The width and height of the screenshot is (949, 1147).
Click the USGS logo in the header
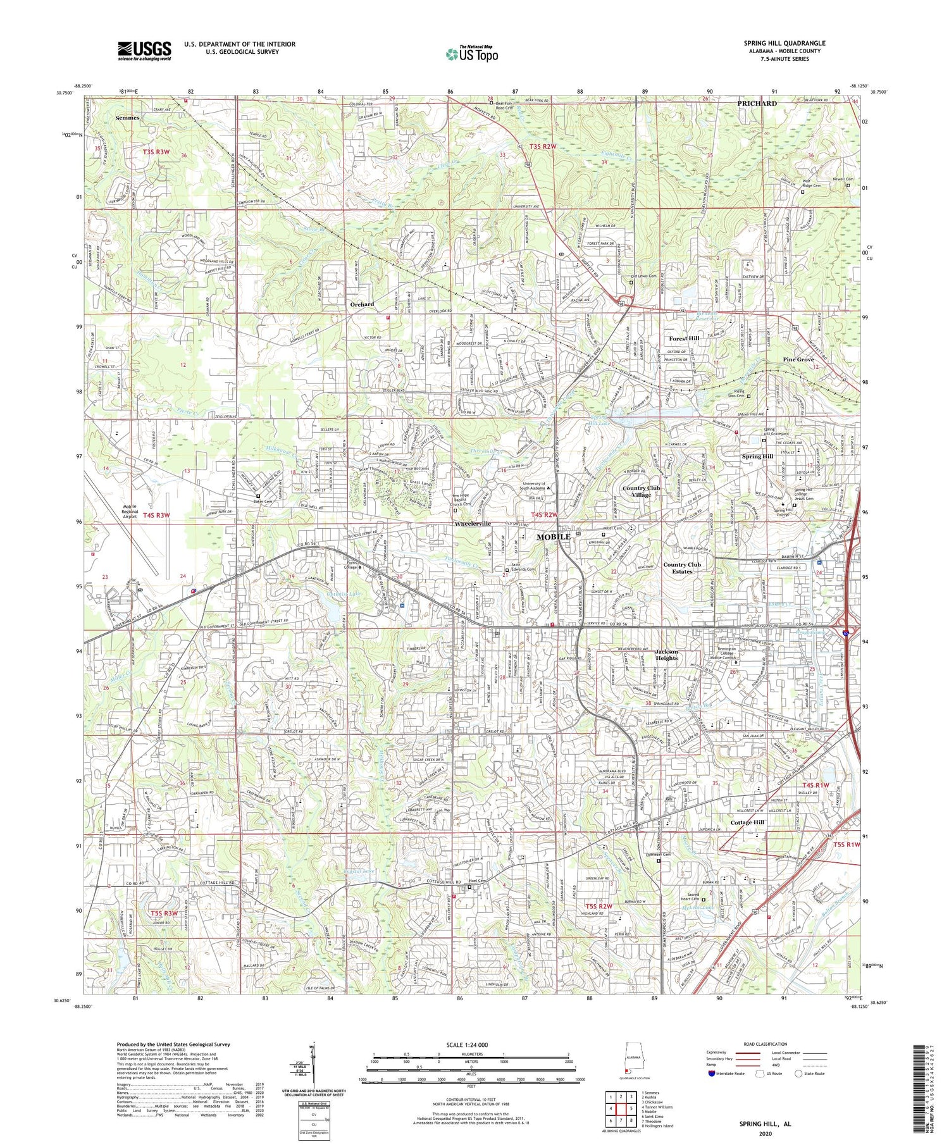pyautogui.click(x=144, y=51)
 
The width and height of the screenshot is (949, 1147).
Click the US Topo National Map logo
pyautogui.click(x=471, y=53)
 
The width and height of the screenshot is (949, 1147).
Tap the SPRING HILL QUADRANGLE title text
pyautogui.click(x=784, y=43)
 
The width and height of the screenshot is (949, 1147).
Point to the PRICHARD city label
pyautogui.click(x=757, y=103)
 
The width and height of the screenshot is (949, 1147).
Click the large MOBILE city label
pyautogui.click(x=554, y=536)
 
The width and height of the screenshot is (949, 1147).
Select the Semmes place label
pyautogui.click(x=127, y=118)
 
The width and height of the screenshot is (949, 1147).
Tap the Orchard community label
pyautogui.click(x=362, y=304)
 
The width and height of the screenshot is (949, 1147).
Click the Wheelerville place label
pyautogui.click(x=481, y=524)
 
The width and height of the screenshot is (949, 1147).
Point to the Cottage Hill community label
pyautogui.click(x=747, y=822)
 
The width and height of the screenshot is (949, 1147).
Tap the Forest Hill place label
pyautogui.click(x=685, y=338)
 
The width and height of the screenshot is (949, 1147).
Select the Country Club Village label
pyautogui.click(x=645, y=491)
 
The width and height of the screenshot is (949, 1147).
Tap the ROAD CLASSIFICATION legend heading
pyautogui.click(x=766, y=1044)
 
